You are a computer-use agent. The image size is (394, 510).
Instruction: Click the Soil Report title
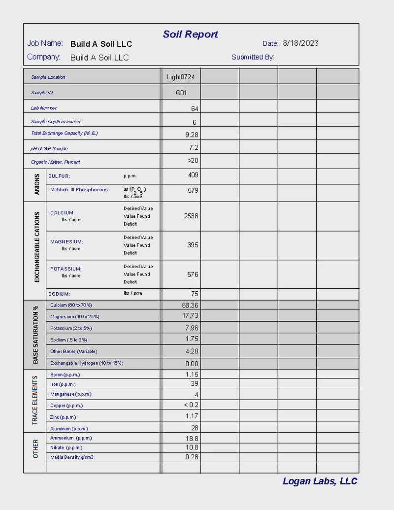pyautogui.click(x=191, y=34)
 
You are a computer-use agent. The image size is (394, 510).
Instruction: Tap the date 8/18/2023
pyautogui.click(x=300, y=43)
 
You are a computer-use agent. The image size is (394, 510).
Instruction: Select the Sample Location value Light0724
pyautogui.click(x=181, y=77)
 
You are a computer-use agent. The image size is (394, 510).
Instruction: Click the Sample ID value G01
pyautogui.click(x=181, y=93)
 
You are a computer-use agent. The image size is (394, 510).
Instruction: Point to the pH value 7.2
pyautogui.click(x=194, y=148)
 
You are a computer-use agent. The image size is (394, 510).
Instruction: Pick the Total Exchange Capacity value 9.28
pyautogui.click(x=192, y=134)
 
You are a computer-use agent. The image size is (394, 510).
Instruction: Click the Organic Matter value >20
pyautogui.click(x=193, y=161)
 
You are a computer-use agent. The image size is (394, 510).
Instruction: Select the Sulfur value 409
pyautogui.click(x=193, y=175)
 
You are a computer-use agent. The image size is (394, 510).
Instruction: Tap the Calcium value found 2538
pyautogui.click(x=191, y=216)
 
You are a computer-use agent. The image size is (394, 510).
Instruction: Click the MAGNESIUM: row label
pyautogui.click(x=66, y=242)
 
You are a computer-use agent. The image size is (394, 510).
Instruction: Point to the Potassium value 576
pyautogui.click(x=193, y=274)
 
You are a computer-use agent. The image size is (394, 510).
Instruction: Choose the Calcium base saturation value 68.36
pyautogui.click(x=190, y=306)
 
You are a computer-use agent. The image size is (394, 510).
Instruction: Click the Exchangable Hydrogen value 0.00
pyautogui.click(x=192, y=364)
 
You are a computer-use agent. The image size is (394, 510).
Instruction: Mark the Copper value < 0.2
pyautogui.click(x=191, y=405)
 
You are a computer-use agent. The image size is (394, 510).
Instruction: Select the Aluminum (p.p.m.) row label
pyautogui.click(x=69, y=429)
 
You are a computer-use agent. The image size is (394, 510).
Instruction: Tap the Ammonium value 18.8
pyautogui.click(x=192, y=438)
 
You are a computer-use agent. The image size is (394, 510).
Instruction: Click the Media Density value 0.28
pyautogui.click(x=192, y=457)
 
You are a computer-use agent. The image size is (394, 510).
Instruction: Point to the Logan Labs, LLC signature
pyautogui.click(x=320, y=481)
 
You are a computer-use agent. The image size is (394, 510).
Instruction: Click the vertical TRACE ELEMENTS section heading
pyautogui.click(x=35, y=400)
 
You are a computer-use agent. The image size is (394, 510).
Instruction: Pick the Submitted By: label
pyautogui.click(x=253, y=57)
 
